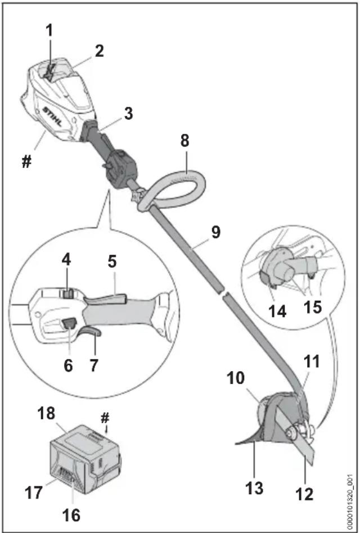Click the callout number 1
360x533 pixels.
pos(49,30)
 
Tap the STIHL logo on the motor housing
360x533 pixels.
pos(52,116)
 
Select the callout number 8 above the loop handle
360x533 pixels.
pos(184,141)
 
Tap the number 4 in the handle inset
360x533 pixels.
pos(66,260)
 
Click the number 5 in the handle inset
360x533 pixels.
pos(112,262)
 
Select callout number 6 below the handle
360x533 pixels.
pos(68,366)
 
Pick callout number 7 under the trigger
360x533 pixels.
pos(93,366)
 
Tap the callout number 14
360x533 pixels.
pos(277,311)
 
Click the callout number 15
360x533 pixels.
pos(312,307)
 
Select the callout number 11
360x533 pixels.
pos(312,362)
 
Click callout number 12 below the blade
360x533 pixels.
pos(304,494)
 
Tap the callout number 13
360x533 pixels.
pos(254,488)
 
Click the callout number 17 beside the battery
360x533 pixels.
pos(34,493)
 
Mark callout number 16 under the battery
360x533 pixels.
pos(72,516)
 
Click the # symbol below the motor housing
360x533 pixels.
pos(26,163)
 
